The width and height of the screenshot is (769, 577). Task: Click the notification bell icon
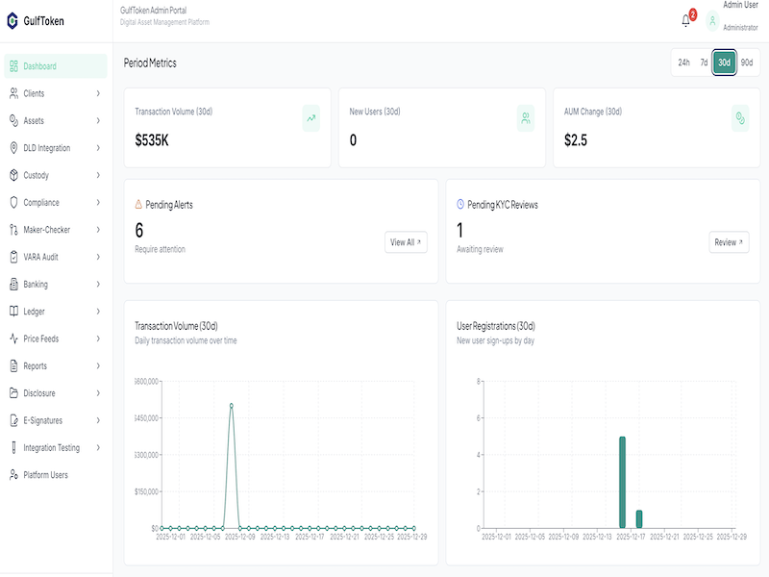coord(686,20)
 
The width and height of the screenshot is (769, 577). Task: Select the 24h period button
coord(683,63)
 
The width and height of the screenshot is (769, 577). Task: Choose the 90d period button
coord(747,63)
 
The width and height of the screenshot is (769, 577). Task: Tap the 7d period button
coord(704,63)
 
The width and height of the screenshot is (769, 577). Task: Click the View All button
coord(406,242)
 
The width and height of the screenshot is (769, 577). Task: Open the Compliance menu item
coord(41,203)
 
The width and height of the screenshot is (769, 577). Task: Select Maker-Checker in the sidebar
coord(46,230)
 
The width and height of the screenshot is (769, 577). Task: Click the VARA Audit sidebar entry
coord(41,258)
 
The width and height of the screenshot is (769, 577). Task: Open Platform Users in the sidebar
coord(45,475)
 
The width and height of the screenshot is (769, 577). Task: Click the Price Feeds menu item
coord(41,339)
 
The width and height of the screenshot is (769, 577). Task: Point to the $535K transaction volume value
coord(152,140)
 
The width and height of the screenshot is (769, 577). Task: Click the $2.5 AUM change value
coord(576,140)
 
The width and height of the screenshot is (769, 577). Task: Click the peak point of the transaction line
coord(232,406)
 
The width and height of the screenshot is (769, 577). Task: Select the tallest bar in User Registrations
coord(622,482)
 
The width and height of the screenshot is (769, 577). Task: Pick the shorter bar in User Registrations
coord(639,519)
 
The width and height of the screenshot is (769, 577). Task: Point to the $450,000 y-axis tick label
coord(142,418)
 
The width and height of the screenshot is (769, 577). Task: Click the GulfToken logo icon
coord(12,20)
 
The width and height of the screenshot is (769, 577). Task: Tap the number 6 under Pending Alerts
coord(139,230)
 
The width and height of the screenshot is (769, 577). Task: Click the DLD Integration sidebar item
coord(46,148)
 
